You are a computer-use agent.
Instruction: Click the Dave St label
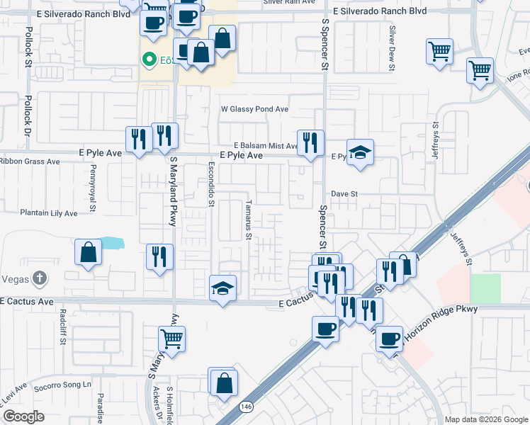tap(345, 193)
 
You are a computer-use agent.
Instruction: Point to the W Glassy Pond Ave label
tap(255, 109)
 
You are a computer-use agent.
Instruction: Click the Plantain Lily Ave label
tap(48, 212)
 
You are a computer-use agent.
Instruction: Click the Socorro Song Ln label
tap(68, 384)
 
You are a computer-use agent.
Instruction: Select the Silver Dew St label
tap(391, 48)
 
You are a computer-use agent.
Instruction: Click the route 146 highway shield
tap(245, 406)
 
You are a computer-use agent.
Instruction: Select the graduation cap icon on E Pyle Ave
tap(360, 152)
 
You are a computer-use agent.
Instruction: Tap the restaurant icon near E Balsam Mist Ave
tap(310, 142)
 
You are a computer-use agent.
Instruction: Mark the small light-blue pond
tap(112, 244)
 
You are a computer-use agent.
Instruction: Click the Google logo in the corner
tap(23, 416)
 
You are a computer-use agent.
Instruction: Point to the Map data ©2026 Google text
tap(485, 419)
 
